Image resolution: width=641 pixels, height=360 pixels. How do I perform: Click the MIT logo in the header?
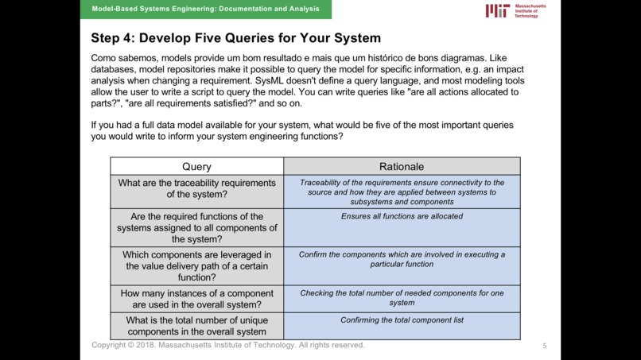click(x=498, y=10)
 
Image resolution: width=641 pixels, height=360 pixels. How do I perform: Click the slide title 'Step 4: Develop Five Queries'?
click(x=235, y=38)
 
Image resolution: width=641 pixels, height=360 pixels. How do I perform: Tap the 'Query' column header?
click(x=196, y=166)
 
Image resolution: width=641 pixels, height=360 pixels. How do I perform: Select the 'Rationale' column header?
click(x=402, y=166)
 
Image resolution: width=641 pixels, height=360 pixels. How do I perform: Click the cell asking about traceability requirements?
click(x=196, y=188)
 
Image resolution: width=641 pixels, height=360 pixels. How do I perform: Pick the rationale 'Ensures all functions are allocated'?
click(x=402, y=216)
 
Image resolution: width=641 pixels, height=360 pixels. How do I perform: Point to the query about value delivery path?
click(x=196, y=266)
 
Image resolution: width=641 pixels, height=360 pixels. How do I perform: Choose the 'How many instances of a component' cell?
click(x=196, y=299)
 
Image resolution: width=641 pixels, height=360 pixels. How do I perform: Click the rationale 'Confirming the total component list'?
click(x=402, y=320)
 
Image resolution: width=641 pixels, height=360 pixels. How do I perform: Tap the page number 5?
click(x=545, y=346)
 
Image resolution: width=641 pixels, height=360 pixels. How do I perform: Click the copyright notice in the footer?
click(x=228, y=346)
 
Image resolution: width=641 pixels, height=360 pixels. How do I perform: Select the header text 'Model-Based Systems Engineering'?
click(x=206, y=9)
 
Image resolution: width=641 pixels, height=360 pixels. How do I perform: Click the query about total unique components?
click(x=196, y=326)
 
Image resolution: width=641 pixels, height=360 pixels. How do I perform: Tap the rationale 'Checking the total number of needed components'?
click(x=402, y=298)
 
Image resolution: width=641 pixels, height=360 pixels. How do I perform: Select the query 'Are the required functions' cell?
click(x=196, y=228)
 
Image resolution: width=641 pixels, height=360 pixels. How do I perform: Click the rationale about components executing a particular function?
click(x=402, y=259)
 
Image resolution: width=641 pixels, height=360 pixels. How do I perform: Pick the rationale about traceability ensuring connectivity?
click(x=402, y=192)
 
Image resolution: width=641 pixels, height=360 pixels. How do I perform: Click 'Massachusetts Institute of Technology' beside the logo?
click(x=530, y=10)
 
